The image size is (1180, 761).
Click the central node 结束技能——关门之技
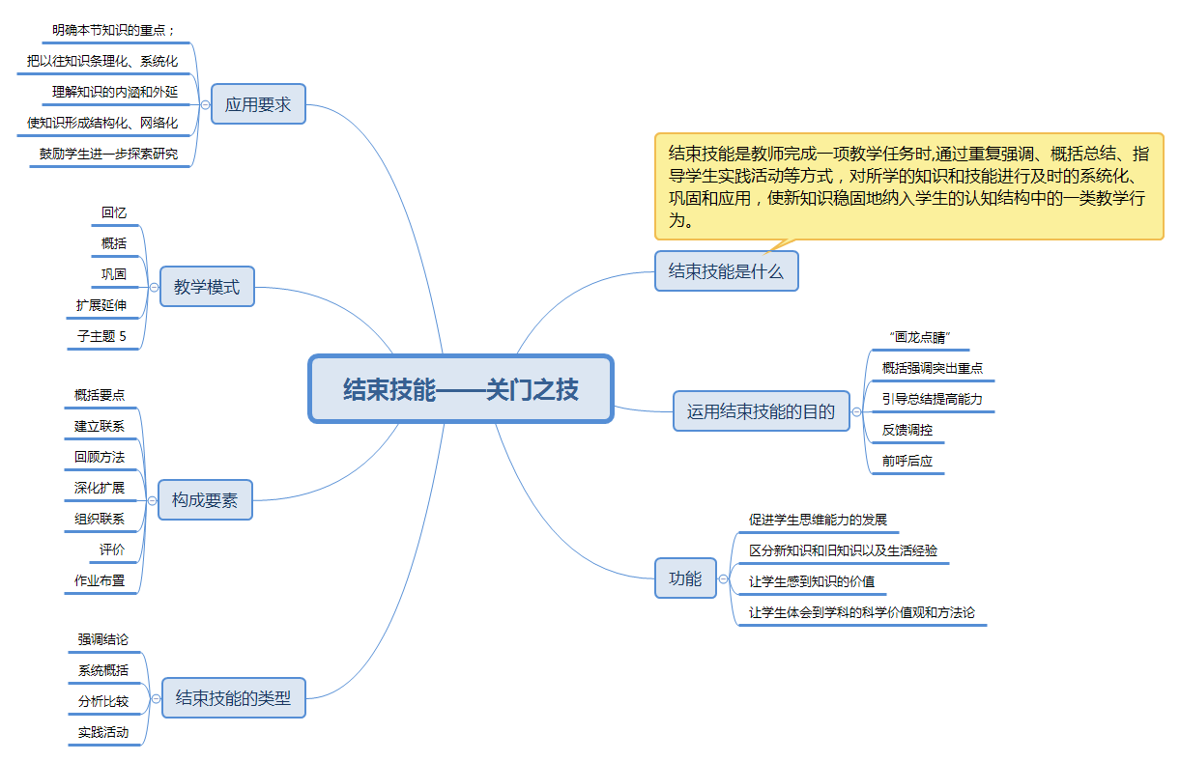pyautogui.click(x=461, y=388)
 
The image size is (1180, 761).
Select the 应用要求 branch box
pyautogui.click(x=258, y=104)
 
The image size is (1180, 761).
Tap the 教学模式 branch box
pyautogui.click(x=207, y=287)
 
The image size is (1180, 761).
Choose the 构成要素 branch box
pyautogui.click(x=205, y=500)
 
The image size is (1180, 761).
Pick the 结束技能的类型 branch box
pyautogui.click(x=233, y=697)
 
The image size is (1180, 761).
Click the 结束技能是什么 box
pyautogui.click(x=726, y=271)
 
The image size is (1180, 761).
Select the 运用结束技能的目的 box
pyautogui.click(x=761, y=410)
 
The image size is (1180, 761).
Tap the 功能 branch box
pyautogui.click(x=685, y=578)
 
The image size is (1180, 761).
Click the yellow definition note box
pyautogui.click(x=908, y=185)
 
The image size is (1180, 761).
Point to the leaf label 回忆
pyautogui.click(x=114, y=212)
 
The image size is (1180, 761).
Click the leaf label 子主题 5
pyautogui.click(x=101, y=336)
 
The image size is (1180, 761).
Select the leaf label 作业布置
pyautogui.click(x=100, y=580)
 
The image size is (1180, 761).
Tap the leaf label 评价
pyautogui.click(x=112, y=550)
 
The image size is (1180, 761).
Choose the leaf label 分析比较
pyautogui.click(x=103, y=701)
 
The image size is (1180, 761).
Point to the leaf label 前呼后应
pyautogui.click(x=907, y=461)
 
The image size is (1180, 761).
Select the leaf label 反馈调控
pyautogui.click(x=907, y=430)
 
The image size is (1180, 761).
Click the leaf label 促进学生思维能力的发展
pyautogui.click(x=818, y=520)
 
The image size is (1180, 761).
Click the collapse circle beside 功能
pyautogui.click(x=724, y=578)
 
